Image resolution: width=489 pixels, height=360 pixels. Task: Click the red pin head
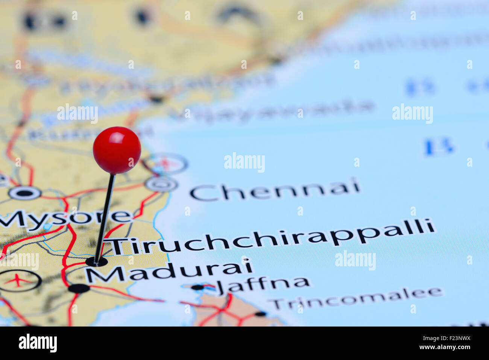coord(117,150)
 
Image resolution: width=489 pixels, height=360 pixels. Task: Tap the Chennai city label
coord(275,190)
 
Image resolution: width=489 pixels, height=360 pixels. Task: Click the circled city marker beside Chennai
coord(162,184)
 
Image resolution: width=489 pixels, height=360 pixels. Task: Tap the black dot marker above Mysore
coord(24,193)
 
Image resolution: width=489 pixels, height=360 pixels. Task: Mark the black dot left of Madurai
coord(79,289)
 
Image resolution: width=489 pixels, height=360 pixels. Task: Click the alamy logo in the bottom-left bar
coord(38,343)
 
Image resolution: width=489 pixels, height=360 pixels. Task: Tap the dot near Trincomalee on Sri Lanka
coord(260,314)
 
